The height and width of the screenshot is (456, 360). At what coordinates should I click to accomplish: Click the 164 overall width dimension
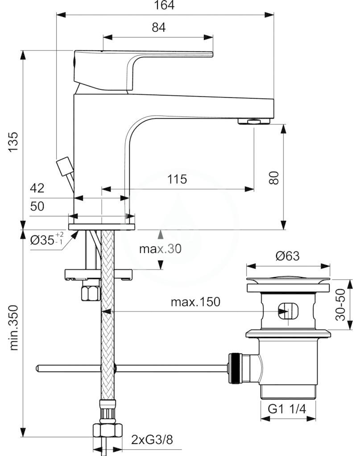164,5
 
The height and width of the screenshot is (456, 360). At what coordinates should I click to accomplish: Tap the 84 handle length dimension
159,27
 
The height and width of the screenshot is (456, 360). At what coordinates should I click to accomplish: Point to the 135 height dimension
13,141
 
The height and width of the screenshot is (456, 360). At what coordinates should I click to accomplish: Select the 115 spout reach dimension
177,179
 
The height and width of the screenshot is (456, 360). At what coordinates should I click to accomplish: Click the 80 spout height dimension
274,178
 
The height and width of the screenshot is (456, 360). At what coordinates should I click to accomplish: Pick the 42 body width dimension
37,188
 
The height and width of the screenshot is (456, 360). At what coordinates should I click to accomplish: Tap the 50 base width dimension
37,206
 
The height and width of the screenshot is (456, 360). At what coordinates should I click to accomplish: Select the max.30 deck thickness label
160,249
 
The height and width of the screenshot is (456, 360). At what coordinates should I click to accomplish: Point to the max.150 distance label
195,302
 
